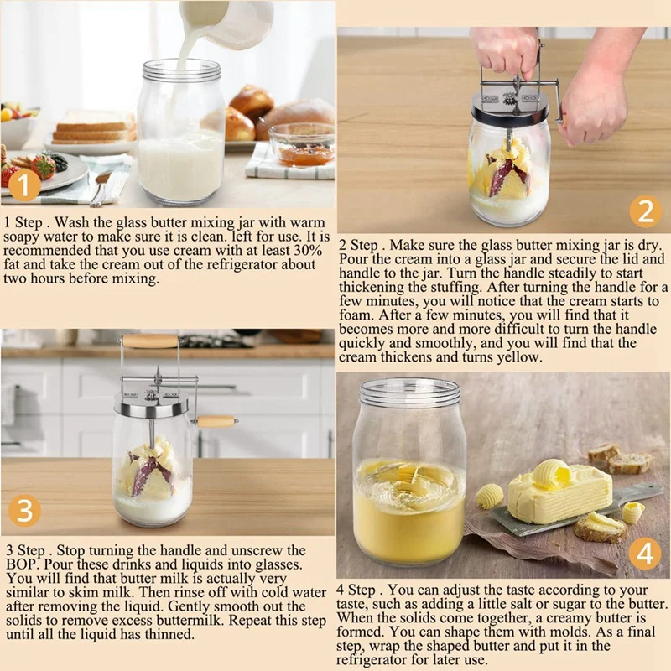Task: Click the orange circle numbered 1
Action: [x=25, y=185]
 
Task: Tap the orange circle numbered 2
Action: [x=646, y=211]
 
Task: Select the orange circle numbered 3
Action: [x=24, y=511]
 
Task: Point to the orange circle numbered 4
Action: [x=645, y=553]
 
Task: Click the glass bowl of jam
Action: [x=301, y=145]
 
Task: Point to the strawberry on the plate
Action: [x=44, y=166]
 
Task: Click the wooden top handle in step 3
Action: [x=150, y=341]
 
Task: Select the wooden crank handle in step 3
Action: [x=216, y=422]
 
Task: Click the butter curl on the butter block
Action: [x=552, y=473]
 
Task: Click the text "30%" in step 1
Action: [x=307, y=250]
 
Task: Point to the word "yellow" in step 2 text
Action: [x=519, y=357]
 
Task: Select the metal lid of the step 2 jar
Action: [x=509, y=111]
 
